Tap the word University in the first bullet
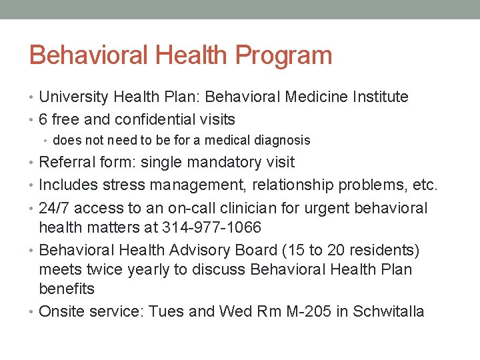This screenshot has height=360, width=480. pyautogui.click(x=73, y=97)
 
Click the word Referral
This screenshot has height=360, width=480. pyautogui.click(x=66, y=162)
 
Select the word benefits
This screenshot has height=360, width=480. pyautogui.click(x=67, y=289)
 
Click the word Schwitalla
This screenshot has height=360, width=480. pyautogui.click(x=389, y=311)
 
